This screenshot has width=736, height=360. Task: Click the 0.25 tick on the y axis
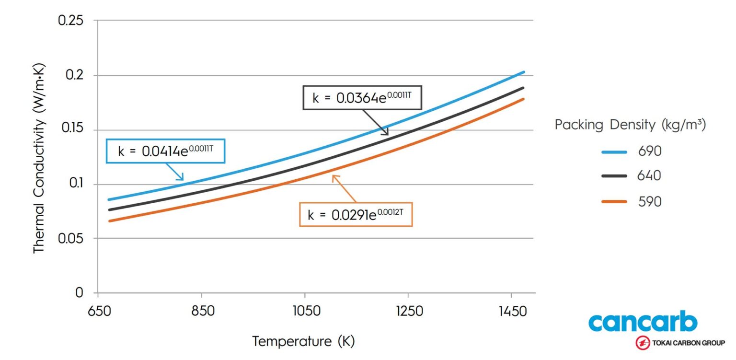pos(70,21)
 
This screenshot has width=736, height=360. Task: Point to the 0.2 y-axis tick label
pos(75,75)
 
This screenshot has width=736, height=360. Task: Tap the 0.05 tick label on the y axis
pos(70,238)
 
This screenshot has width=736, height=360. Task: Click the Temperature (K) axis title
pos(303,341)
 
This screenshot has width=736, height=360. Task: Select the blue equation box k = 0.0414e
pos(165,151)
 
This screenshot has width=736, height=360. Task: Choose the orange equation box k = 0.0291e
pos(356,215)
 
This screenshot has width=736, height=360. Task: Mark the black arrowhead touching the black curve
pos(386,132)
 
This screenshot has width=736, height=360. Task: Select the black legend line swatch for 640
pos(614,176)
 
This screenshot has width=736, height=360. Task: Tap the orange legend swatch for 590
pos(614,201)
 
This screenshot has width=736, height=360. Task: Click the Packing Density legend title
pos(630,125)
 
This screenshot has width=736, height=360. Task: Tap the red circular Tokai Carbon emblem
pos(642,343)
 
